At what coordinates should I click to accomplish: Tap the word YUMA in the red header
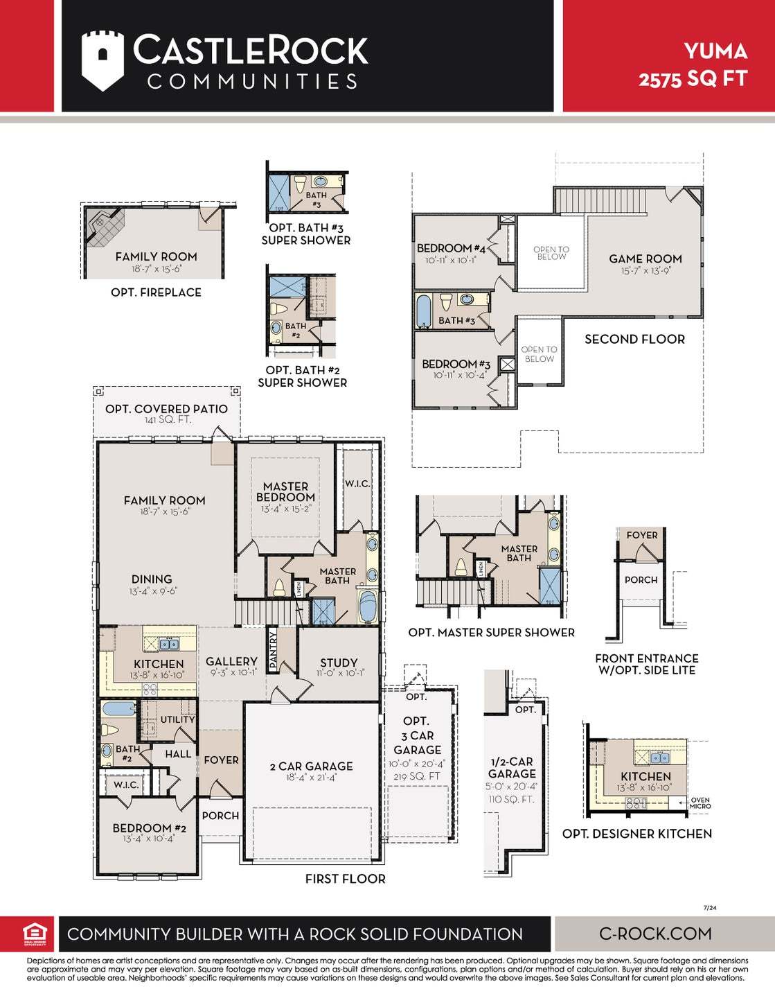pyautogui.click(x=715, y=51)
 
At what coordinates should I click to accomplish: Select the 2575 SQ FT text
pyautogui.click(x=693, y=79)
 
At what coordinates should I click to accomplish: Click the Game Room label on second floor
pyautogui.click(x=645, y=259)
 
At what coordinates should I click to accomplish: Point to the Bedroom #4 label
pyautogui.click(x=451, y=248)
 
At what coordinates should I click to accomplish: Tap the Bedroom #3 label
pyautogui.click(x=456, y=364)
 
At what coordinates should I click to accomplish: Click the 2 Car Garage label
pyautogui.click(x=311, y=766)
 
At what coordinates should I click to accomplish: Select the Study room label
pyautogui.click(x=339, y=663)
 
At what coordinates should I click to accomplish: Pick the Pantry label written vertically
pyautogui.click(x=273, y=649)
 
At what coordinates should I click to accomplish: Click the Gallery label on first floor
pyautogui.click(x=231, y=661)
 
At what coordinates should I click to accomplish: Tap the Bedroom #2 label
pyautogui.click(x=149, y=828)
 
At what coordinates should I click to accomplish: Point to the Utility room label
pyautogui.click(x=177, y=719)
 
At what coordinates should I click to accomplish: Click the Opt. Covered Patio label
pyautogui.click(x=166, y=409)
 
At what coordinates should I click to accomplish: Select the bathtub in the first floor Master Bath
pyautogui.click(x=368, y=606)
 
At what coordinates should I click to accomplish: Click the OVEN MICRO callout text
pyautogui.click(x=700, y=803)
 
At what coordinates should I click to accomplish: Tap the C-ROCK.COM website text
pyautogui.click(x=654, y=934)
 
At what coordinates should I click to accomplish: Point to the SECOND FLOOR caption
pyautogui.click(x=634, y=339)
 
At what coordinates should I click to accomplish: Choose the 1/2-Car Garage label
pyautogui.click(x=511, y=767)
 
